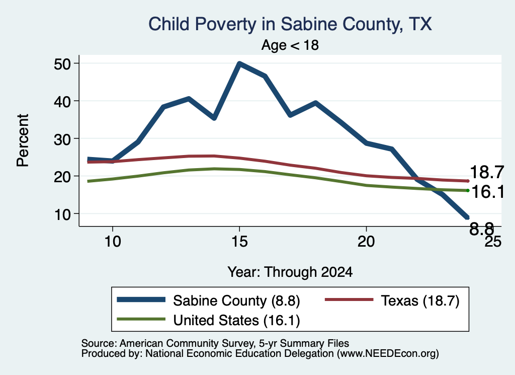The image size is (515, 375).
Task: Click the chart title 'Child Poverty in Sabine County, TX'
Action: [x=290, y=24]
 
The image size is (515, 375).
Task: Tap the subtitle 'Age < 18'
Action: [x=290, y=45]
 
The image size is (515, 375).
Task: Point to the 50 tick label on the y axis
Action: [x=62, y=64]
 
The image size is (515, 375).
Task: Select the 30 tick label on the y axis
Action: [x=62, y=139]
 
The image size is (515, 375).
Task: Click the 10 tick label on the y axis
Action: [x=62, y=214]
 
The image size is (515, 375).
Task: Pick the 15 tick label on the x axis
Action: [x=239, y=242]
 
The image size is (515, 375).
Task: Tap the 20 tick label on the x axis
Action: [x=366, y=242]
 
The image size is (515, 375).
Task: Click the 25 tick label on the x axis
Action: [x=493, y=242]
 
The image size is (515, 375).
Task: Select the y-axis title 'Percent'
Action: [x=23, y=140]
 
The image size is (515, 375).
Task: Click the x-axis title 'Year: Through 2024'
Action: [x=290, y=272]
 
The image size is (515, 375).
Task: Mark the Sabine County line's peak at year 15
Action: [x=239, y=63]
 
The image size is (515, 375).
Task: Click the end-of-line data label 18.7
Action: [x=487, y=172]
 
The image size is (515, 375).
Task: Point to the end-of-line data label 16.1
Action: [x=488, y=192]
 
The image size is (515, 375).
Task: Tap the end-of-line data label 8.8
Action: [x=481, y=229]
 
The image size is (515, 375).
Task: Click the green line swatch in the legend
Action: [x=141, y=319]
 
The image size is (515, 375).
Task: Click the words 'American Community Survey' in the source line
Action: [x=187, y=343]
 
